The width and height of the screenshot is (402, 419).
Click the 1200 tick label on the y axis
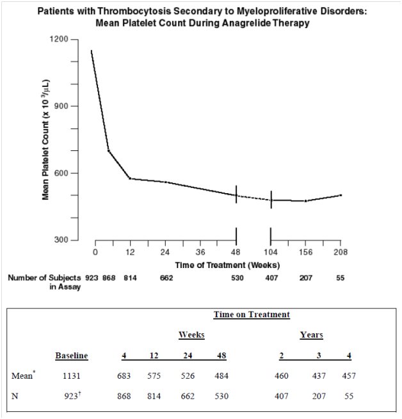(59, 39)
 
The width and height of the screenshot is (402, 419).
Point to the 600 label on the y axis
(61, 173)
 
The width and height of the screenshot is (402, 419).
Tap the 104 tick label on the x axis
(271, 252)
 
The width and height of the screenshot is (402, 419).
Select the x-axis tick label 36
(200, 252)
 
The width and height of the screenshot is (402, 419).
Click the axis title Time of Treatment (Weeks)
(227, 265)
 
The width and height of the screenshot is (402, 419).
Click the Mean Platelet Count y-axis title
(45, 139)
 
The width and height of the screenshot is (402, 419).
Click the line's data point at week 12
(130, 178)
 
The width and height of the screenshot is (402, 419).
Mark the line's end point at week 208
(341, 195)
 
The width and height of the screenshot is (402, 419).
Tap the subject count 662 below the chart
(166, 278)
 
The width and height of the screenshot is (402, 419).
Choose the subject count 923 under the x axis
(92, 278)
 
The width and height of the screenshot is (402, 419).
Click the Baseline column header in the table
(72, 356)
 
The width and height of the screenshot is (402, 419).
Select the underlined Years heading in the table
(312, 335)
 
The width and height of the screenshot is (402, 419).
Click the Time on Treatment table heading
(252, 315)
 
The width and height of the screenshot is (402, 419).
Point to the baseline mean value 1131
(72, 376)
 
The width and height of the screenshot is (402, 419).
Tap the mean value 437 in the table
(319, 376)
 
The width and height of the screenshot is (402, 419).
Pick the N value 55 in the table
(349, 396)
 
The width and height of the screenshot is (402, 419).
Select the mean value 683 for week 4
(124, 376)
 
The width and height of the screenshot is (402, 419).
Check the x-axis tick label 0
(95, 252)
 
